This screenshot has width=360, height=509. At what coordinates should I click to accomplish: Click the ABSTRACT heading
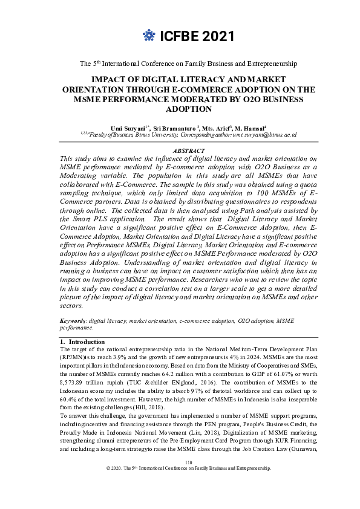point(189,151)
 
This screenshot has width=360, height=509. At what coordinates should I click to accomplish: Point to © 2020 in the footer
point(114,485)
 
